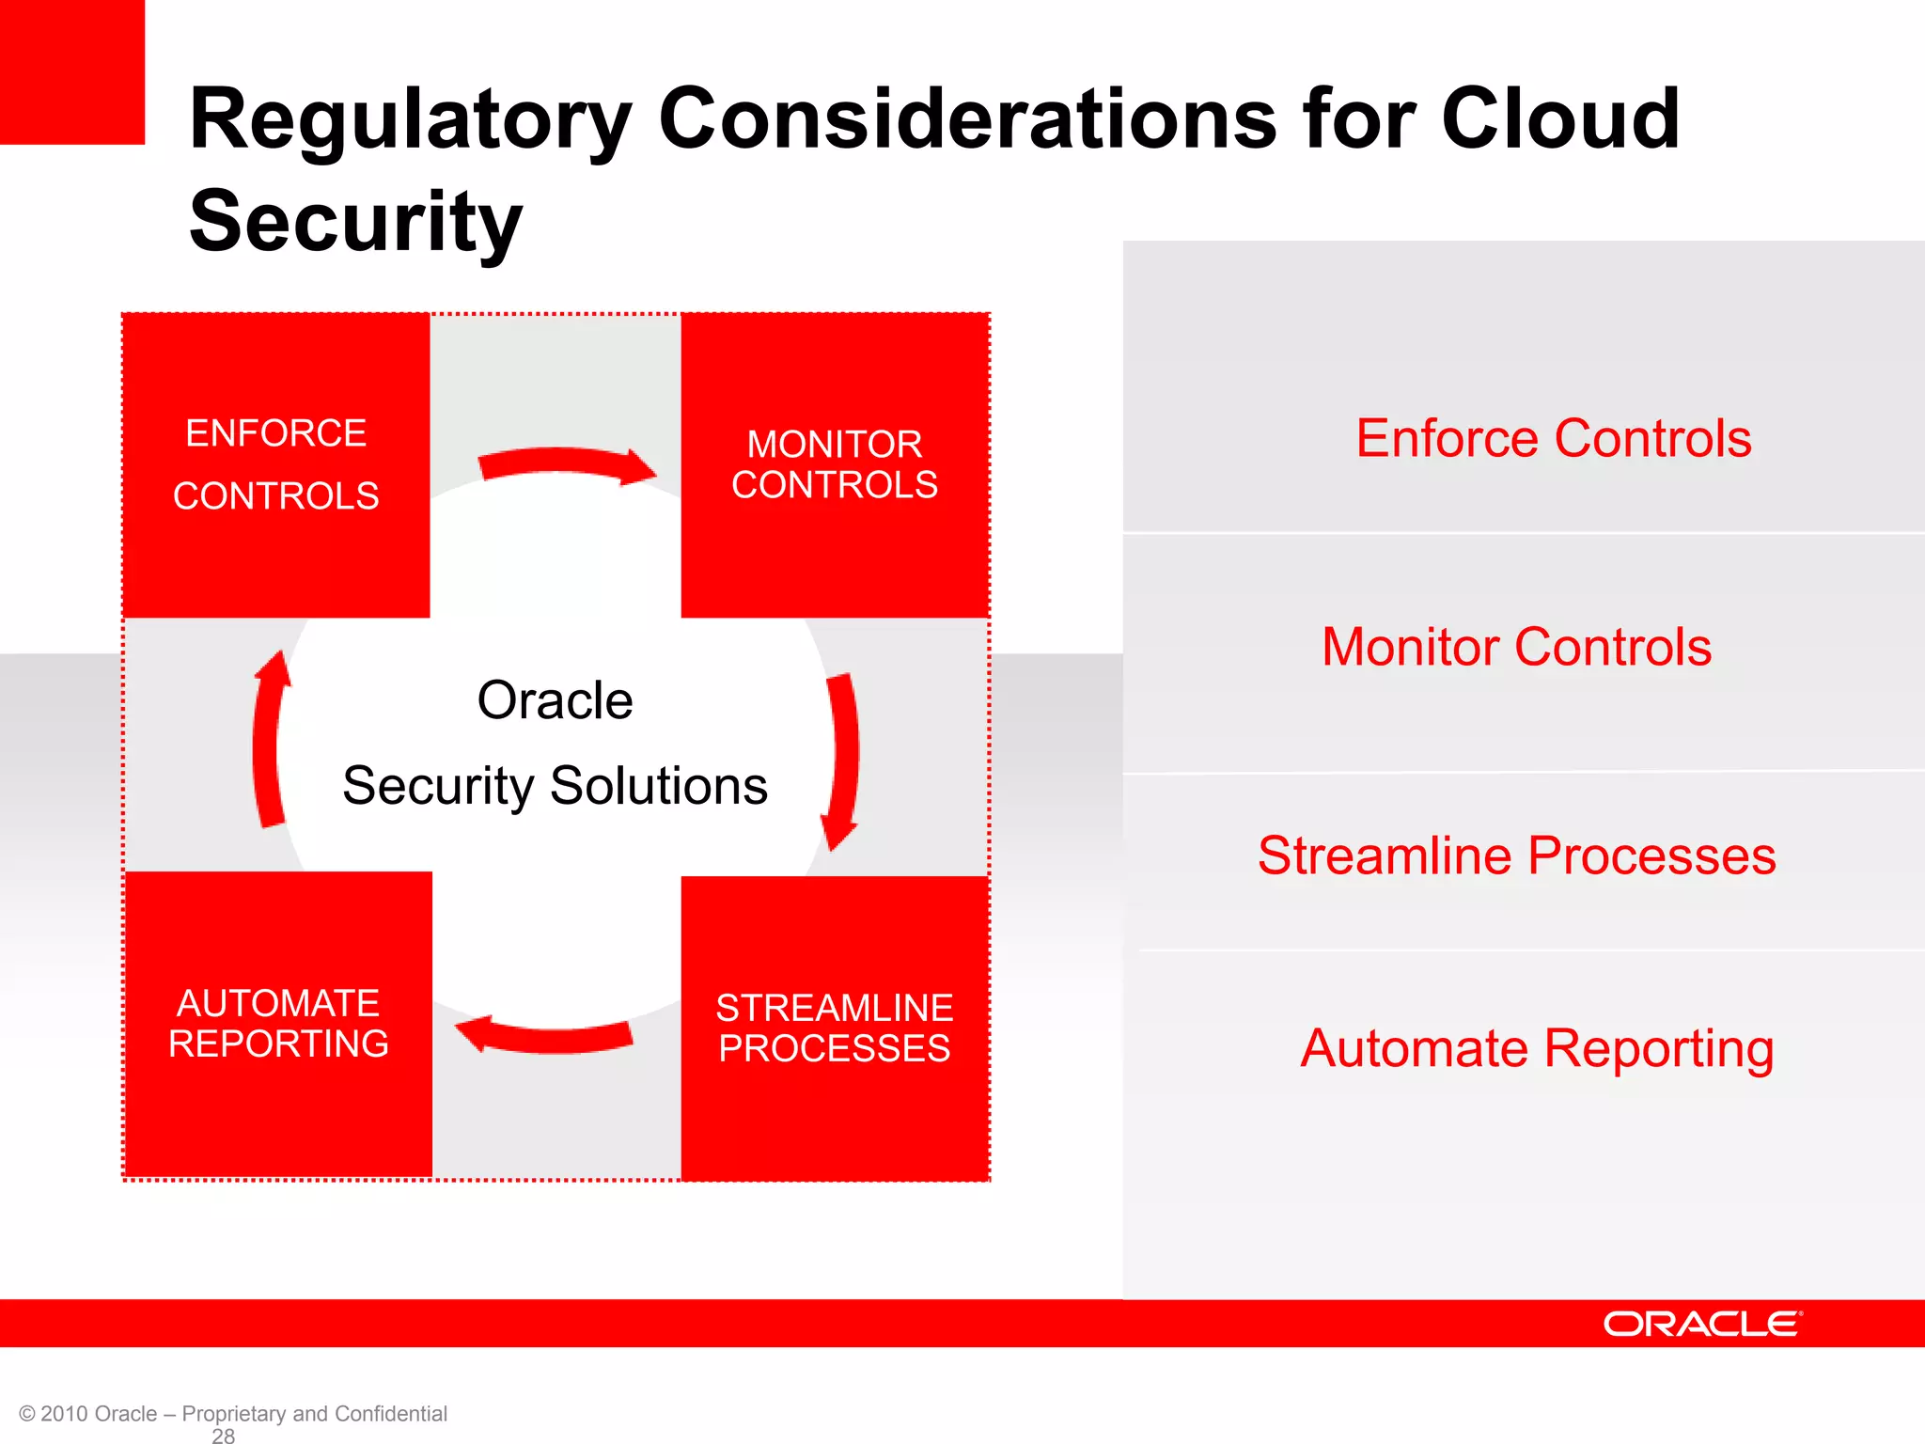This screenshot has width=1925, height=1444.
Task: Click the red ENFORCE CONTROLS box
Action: pyautogui.click(x=275, y=465)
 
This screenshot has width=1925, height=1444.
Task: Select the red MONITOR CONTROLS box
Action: pyautogui.click(x=835, y=465)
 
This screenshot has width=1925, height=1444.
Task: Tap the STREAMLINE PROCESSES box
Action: pyautogui.click(x=835, y=1028)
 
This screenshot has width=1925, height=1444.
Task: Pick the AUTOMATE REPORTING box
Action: pyautogui.click(x=278, y=1024)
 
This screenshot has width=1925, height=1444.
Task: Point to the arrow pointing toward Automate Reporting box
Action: pyautogui.click(x=545, y=1035)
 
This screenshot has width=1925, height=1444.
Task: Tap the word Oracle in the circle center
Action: pyautogui.click(x=555, y=700)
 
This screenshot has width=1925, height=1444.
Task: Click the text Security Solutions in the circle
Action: pyautogui.click(x=555, y=786)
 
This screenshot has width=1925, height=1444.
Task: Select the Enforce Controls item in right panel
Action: pyautogui.click(x=1553, y=439)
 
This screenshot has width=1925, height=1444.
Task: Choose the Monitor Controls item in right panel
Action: pyautogui.click(x=1516, y=648)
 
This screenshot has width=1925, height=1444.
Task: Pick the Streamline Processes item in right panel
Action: pyautogui.click(x=1516, y=856)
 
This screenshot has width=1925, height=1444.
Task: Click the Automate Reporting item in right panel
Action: pyautogui.click(x=1537, y=1049)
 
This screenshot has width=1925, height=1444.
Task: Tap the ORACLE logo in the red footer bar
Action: pyautogui.click(x=1702, y=1324)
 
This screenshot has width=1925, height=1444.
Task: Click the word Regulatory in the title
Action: pyautogui.click(x=410, y=120)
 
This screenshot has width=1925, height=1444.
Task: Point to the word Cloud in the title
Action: pyautogui.click(x=1559, y=118)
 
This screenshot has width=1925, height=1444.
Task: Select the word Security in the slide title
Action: pyautogui.click(x=355, y=222)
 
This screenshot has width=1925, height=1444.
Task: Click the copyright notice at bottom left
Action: pyautogui.click(x=232, y=1413)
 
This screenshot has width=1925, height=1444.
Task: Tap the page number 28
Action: pyautogui.click(x=224, y=1436)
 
